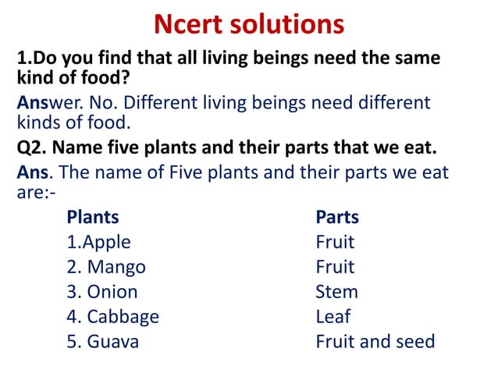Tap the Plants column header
tap(93, 217)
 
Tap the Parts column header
tap(337, 217)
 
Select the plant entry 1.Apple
tap(99, 243)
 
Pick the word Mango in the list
tap(116, 267)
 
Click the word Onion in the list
tap(112, 292)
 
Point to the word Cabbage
tap(123, 317)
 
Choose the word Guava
tap(113, 342)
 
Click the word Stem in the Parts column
tap(336, 292)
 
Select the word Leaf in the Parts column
tap(333, 317)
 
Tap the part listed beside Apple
tap(335, 242)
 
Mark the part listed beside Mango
tap(335, 267)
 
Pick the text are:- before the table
tap(34, 192)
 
